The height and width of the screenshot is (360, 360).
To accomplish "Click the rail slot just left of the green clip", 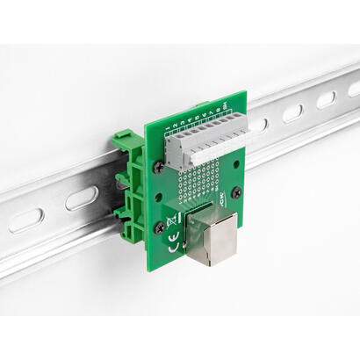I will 82,198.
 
